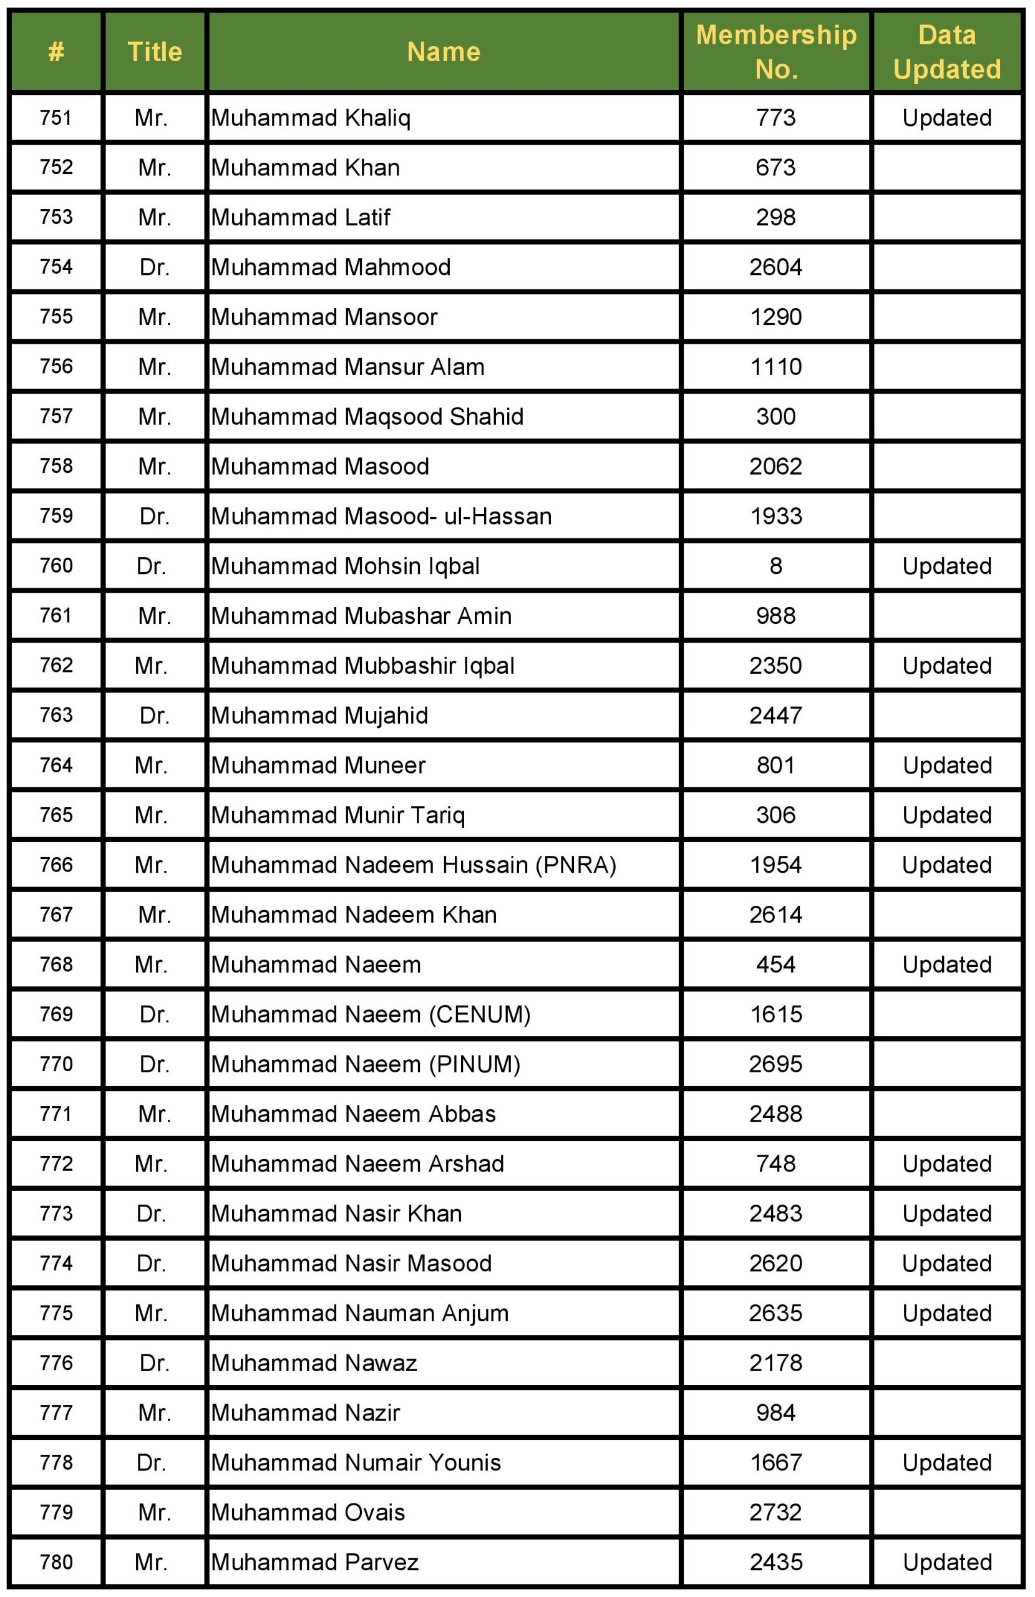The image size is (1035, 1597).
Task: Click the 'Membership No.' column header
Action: [x=776, y=52]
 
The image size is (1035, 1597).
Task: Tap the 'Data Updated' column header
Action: [x=946, y=52]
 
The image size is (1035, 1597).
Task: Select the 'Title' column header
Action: [x=154, y=52]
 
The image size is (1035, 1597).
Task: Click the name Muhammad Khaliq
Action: [x=311, y=118]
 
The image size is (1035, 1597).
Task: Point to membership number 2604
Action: [x=775, y=268]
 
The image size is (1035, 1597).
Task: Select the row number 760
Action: [x=56, y=566]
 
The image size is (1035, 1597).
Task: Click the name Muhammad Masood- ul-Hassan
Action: [x=381, y=516]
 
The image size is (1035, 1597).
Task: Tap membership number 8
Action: [x=775, y=566]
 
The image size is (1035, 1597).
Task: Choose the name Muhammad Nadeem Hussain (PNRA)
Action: [x=414, y=865]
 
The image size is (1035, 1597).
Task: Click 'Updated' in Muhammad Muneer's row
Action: [x=946, y=765]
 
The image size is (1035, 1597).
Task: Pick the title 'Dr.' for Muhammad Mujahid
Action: [x=154, y=716]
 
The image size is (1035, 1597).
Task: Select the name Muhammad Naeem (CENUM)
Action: [x=371, y=1014]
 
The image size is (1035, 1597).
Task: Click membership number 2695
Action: [x=775, y=1064]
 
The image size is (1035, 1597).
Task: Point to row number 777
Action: [x=56, y=1412]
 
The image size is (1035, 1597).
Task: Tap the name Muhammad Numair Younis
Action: [x=356, y=1463]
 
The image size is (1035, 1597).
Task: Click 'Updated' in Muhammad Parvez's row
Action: [x=946, y=1562]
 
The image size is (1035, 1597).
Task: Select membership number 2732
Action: [x=775, y=1512]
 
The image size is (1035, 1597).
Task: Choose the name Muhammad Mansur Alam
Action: [x=347, y=367]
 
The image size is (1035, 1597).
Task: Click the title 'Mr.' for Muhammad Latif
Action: [x=154, y=218]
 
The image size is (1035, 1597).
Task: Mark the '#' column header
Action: [x=56, y=52]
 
